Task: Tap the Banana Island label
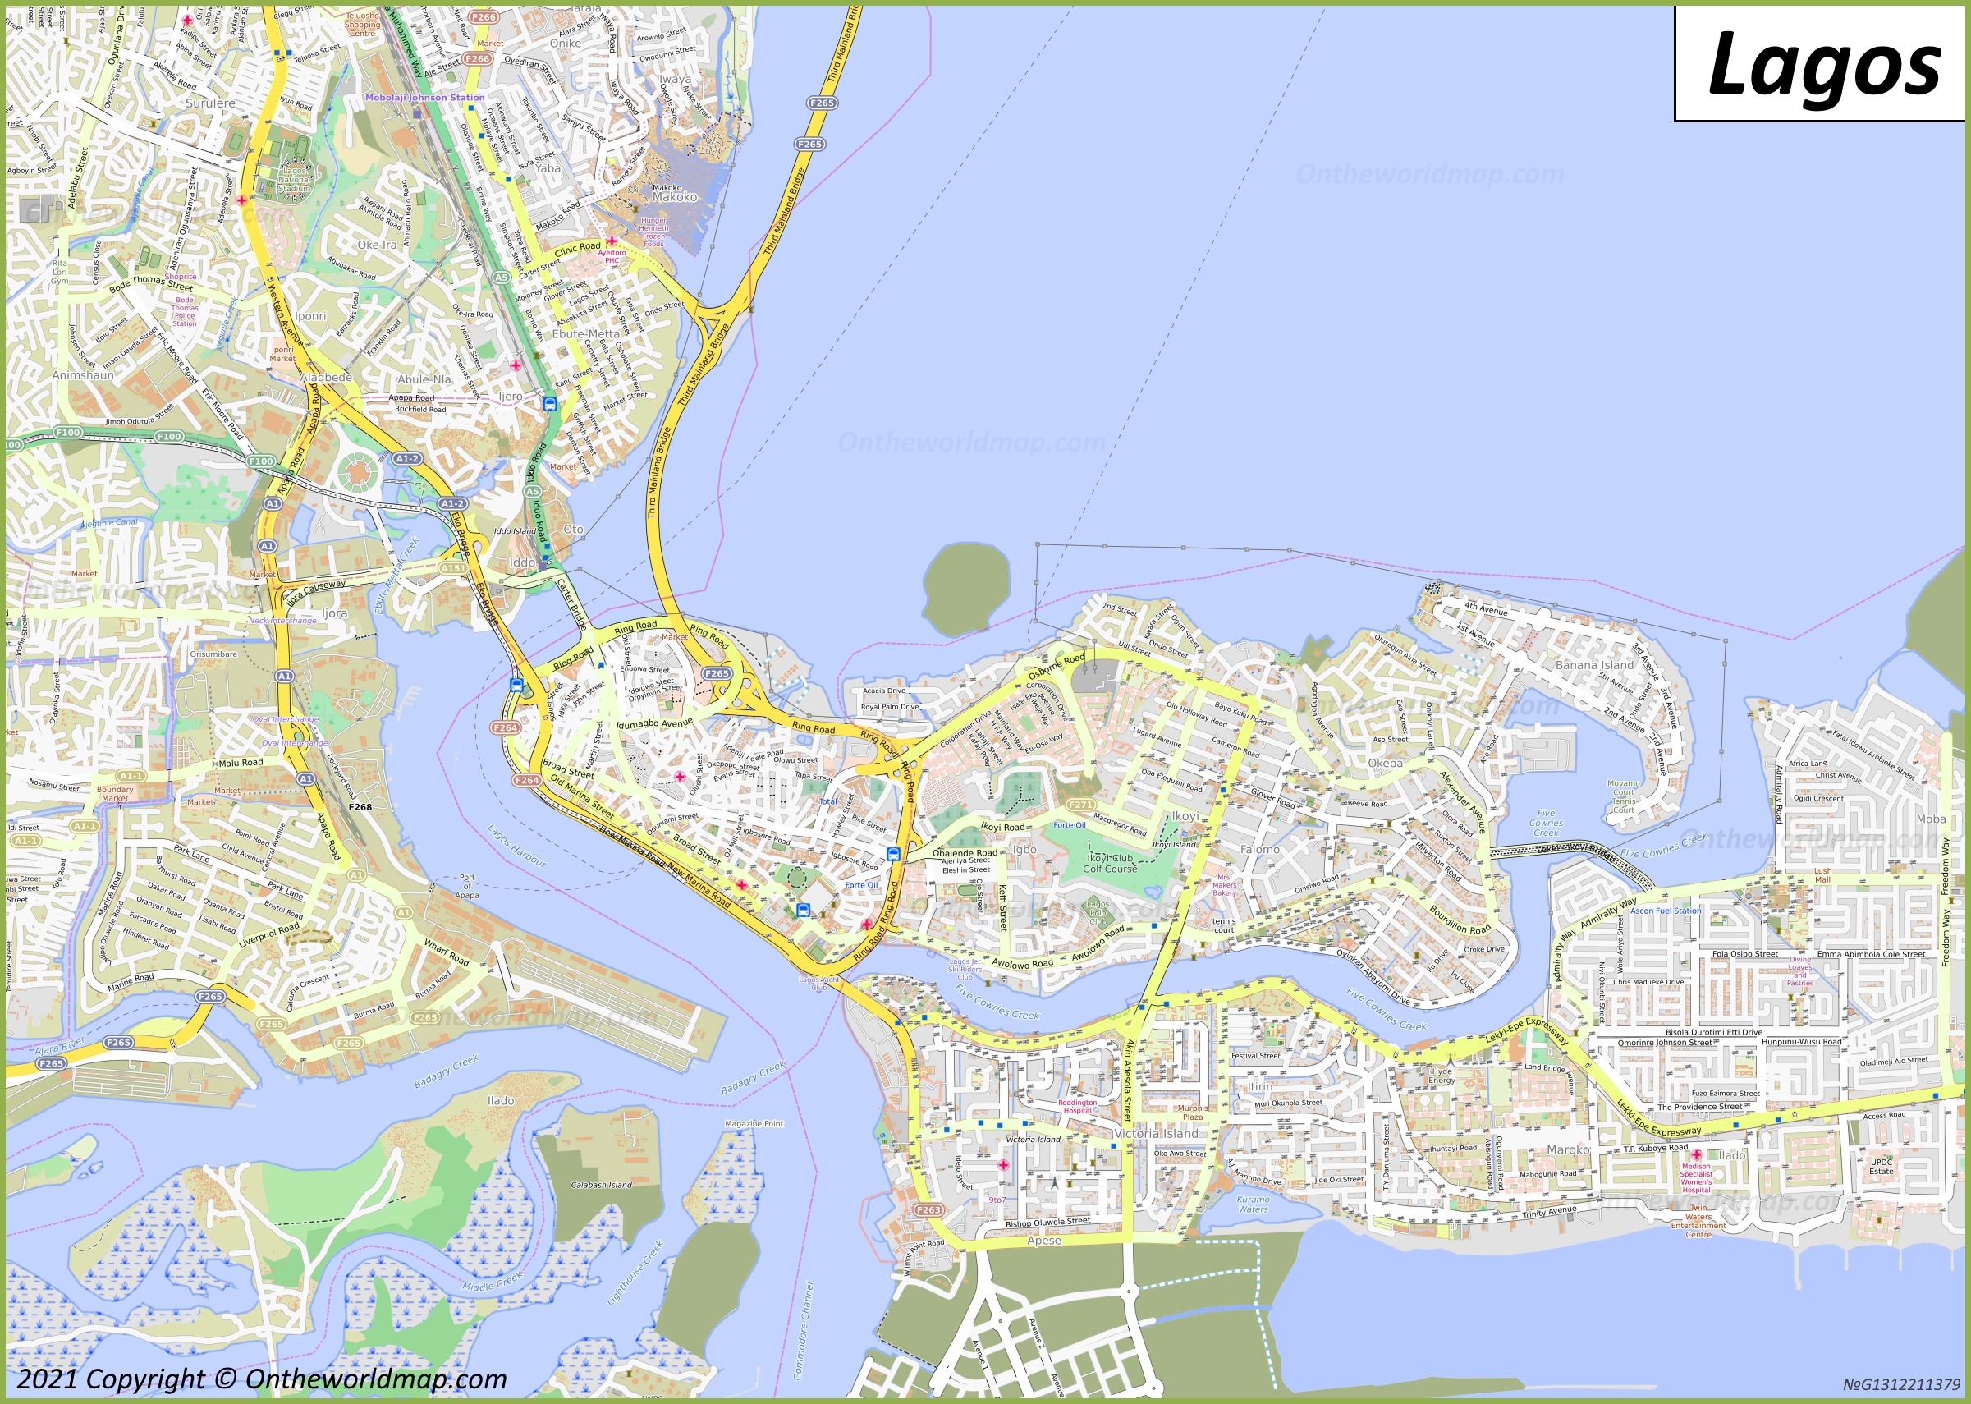pyautogui.click(x=1594, y=665)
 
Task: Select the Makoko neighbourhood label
pyautogui.click(x=674, y=197)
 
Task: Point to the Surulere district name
pyautogui.click(x=210, y=103)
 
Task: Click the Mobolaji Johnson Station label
pyautogui.click(x=424, y=98)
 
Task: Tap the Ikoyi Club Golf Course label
pyautogui.click(x=1110, y=864)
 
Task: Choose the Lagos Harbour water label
pyautogui.click(x=517, y=846)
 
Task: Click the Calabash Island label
pyautogui.click(x=601, y=1185)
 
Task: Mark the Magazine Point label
pyautogui.click(x=754, y=1124)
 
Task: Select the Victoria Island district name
pyautogui.click(x=1156, y=1133)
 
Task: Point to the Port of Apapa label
pyautogui.click(x=467, y=886)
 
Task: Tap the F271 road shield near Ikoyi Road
pyautogui.click(x=1080, y=804)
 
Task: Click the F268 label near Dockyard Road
pyautogui.click(x=360, y=806)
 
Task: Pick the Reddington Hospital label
pyautogui.click(x=1077, y=1107)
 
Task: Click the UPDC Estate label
pyautogui.click(x=1881, y=1166)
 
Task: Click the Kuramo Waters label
pyautogui.click(x=1253, y=1204)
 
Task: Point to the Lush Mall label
pyautogui.click(x=1822, y=875)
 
